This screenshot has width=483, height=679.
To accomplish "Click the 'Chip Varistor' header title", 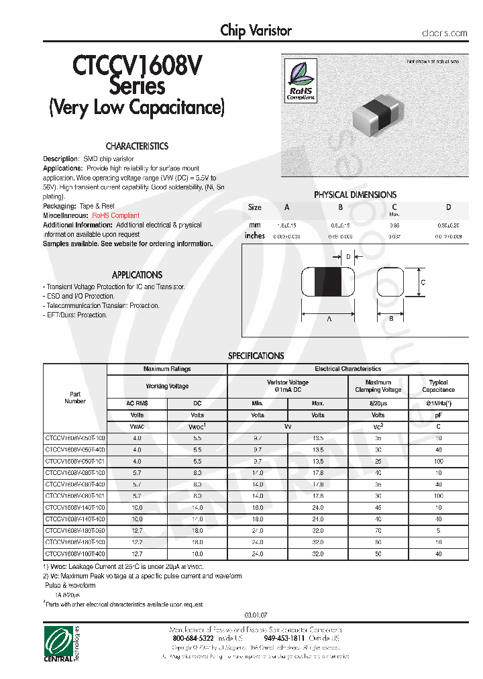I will point(256,31).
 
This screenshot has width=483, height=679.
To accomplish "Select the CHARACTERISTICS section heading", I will point(137,146).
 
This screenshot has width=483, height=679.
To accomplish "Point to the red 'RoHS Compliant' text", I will point(116,215).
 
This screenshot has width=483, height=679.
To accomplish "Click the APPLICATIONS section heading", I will point(137,275).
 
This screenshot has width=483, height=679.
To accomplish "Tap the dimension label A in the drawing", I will point(329,319).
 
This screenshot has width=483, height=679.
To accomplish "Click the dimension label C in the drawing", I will point(423,282).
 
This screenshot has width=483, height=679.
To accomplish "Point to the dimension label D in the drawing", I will point(347,256).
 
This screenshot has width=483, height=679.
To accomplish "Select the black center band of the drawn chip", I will point(329,282).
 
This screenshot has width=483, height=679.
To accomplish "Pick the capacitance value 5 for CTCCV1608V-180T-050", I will point(438,530).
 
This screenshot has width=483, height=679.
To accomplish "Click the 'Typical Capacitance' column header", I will point(438,386).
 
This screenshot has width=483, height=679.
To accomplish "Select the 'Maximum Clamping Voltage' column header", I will point(378,386).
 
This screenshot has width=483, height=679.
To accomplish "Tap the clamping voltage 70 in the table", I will point(378,530).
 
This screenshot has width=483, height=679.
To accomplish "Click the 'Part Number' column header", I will point(75,397).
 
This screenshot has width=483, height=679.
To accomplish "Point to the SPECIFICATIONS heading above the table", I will point(256,356).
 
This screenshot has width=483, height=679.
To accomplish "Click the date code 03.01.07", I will point(256,615).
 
